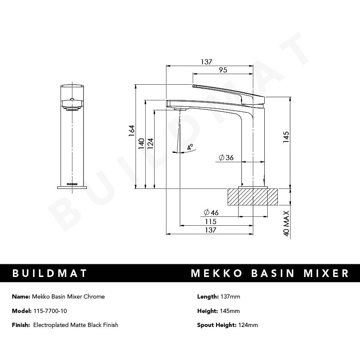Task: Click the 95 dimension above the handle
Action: [x=223, y=70]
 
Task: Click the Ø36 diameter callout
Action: [x=226, y=158]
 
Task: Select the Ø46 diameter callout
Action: [x=210, y=212]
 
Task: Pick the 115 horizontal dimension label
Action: [x=210, y=222]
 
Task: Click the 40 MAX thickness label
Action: [x=286, y=223]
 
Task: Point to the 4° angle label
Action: [x=190, y=147]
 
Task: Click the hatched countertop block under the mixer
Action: [x=253, y=197]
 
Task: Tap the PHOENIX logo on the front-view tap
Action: [x=72, y=184]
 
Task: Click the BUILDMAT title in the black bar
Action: [x=50, y=273]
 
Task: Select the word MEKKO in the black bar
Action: [x=216, y=273]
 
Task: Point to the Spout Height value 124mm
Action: [x=248, y=325]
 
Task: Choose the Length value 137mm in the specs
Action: [x=230, y=296]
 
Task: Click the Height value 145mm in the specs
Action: [x=230, y=311]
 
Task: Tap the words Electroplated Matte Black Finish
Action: [x=75, y=325]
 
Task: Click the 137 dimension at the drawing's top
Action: [x=206, y=62]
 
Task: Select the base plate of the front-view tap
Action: [x=72, y=187]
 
